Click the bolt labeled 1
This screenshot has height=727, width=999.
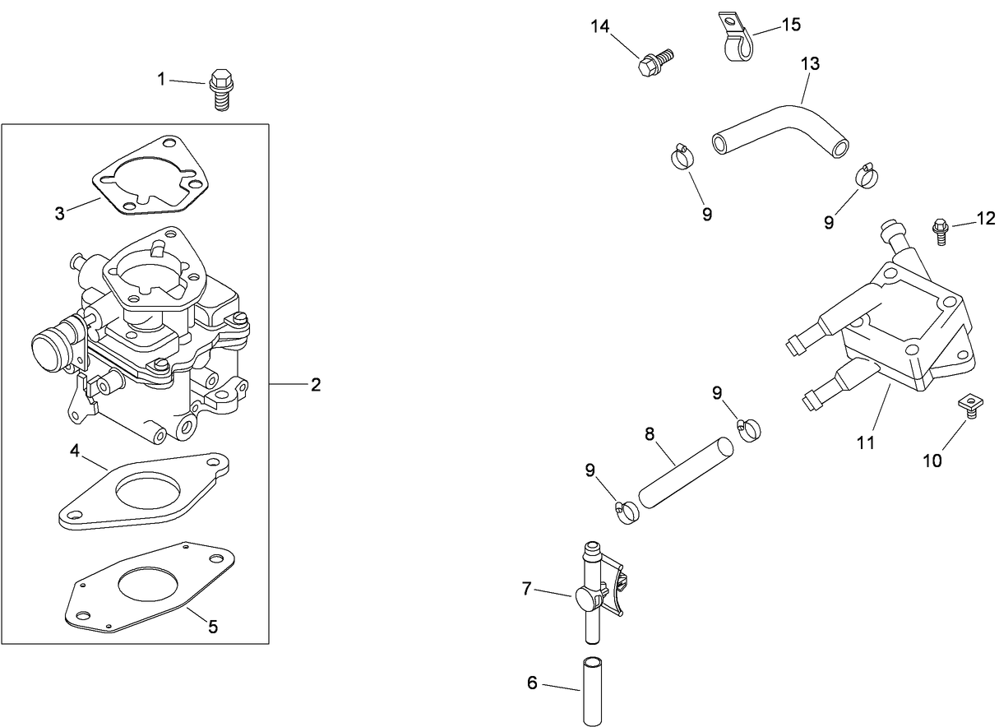tap(220, 89)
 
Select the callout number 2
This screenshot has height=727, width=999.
tap(316, 384)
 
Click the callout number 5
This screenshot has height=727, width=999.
tap(213, 627)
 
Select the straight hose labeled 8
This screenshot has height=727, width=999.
tap(683, 475)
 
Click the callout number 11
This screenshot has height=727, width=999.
tap(864, 442)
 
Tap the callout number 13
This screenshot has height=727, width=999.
tap(810, 63)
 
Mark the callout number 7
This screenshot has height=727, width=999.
tap(527, 588)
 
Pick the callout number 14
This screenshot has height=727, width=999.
tap(600, 26)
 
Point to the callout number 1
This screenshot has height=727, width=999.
tap(162, 79)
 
